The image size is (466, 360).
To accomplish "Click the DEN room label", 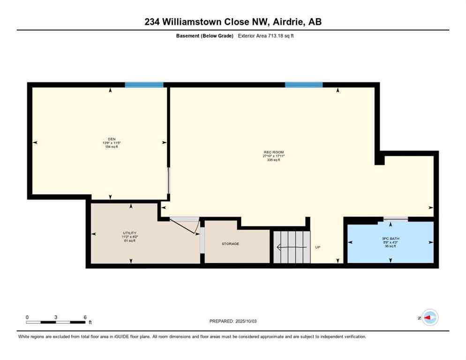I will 112,139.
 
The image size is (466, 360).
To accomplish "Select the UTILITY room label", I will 130,233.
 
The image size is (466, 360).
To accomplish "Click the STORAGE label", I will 230,244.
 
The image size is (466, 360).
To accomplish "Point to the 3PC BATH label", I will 391,238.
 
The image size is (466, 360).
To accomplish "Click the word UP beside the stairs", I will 317,247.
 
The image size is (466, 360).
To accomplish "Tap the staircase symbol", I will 292,247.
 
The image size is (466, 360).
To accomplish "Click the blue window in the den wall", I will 144,85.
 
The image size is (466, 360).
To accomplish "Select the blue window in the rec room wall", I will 304,85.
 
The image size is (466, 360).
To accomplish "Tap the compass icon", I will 429,317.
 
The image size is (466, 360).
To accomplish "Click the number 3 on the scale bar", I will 56,317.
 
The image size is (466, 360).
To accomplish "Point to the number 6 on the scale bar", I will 85,317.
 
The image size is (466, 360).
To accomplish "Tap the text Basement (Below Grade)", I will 204,36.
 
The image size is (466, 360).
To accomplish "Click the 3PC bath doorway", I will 395,218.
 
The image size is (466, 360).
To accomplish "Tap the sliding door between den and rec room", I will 169,180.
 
